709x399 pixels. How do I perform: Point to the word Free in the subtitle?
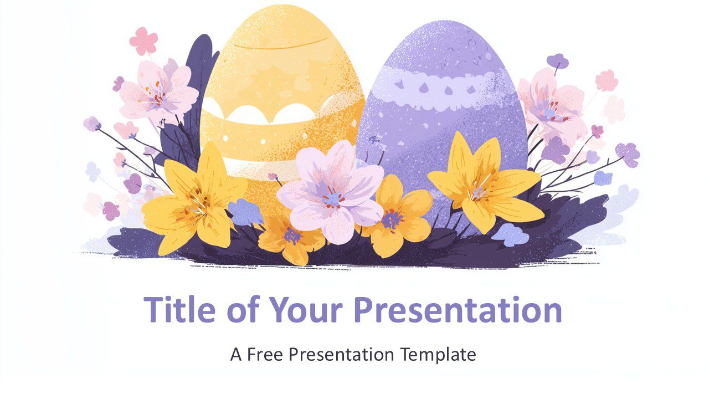[x=266, y=354]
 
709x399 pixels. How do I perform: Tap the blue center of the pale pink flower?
[x=332, y=198]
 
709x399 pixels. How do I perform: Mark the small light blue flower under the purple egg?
[x=510, y=235]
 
